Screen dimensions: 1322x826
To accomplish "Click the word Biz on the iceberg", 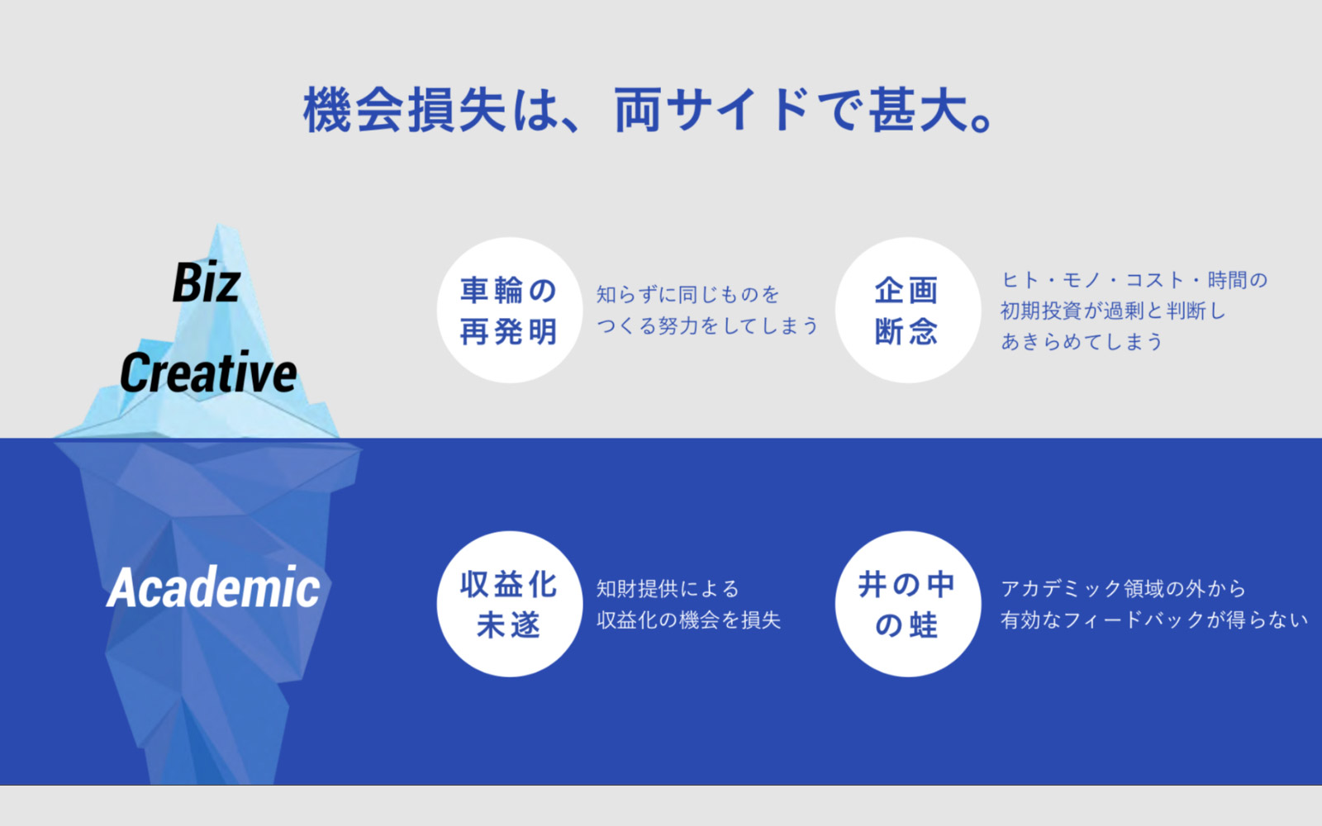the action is click(x=206, y=282).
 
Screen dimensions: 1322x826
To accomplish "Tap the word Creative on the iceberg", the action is click(x=208, y=372).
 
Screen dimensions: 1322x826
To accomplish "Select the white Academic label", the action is click(x=213, y=586).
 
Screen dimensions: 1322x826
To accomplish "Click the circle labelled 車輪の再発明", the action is click(x=510, y=311).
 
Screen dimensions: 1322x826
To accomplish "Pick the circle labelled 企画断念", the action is click(x=908, y=311).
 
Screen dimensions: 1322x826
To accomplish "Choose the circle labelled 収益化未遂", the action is click(x=510, y=604).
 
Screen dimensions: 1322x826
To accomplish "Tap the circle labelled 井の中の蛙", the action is click(x=908, y=604).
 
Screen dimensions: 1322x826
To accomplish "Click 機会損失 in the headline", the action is click(x=406, y=110).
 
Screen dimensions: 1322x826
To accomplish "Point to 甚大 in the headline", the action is click(x=920, y=110).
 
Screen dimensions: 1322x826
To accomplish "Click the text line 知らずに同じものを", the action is click(x=688, y=294).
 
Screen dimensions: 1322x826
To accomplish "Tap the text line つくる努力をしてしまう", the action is click(x=707, y=325).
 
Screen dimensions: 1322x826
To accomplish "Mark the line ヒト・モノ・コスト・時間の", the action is click(x=1134, y=280).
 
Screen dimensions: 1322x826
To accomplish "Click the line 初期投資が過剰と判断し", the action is click(x=1114, y=311).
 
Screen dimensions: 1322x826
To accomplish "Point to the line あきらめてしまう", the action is click(x=1082, y=341).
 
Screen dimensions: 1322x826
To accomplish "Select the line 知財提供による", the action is click(x=668, y=588).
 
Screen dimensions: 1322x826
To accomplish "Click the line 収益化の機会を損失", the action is click(x=689, y=619).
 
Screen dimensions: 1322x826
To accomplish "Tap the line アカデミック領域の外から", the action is click(x=1123, y=588).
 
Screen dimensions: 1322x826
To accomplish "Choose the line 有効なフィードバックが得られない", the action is click(x=1154, y=619).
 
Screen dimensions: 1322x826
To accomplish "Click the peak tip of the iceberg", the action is click(x=218, y=224).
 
